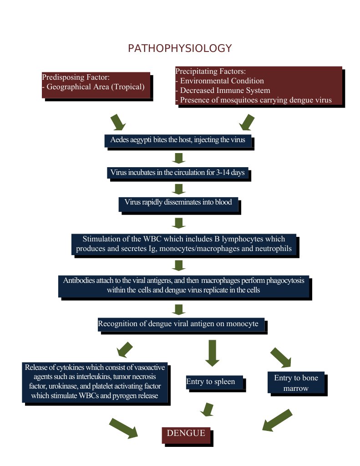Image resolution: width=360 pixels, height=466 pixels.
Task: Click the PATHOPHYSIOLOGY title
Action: click(x=180, y=48)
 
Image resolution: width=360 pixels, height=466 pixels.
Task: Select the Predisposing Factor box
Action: click(x=96, y=85)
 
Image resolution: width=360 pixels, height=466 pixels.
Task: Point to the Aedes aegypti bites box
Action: click(x=178, y=140)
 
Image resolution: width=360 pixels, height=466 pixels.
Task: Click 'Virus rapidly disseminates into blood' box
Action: click(x=178, y=203)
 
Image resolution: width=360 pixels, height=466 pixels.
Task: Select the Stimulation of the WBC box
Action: click(x=184, y=244)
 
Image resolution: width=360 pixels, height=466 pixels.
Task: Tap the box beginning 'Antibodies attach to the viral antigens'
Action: click(x=183, y=285)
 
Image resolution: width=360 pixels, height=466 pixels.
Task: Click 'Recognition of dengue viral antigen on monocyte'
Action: click(x=181, y=324)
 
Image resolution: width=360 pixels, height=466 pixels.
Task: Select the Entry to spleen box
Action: click(x=214, y=382)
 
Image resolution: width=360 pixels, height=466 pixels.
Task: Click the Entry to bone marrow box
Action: click(x=296, y=383)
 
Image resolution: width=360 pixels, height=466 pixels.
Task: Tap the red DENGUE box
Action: click(x=186, y=434)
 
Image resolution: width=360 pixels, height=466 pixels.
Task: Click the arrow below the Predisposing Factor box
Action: click(x=118, y=122)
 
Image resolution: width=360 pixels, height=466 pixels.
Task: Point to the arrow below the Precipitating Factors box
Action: click(x=246, y=122)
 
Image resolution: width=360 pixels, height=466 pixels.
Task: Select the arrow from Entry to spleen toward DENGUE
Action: click(x=208, y=409)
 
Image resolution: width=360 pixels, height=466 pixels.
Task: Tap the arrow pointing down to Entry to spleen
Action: click(x=212, y=353)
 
